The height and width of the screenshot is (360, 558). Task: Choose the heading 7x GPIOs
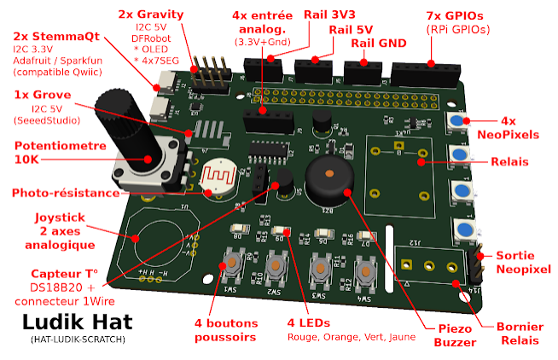[459, 15]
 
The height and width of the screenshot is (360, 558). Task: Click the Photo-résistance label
[65, 193]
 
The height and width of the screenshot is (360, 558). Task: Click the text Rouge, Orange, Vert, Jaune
[351, 338]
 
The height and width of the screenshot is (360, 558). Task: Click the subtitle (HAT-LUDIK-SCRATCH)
[72, 340]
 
